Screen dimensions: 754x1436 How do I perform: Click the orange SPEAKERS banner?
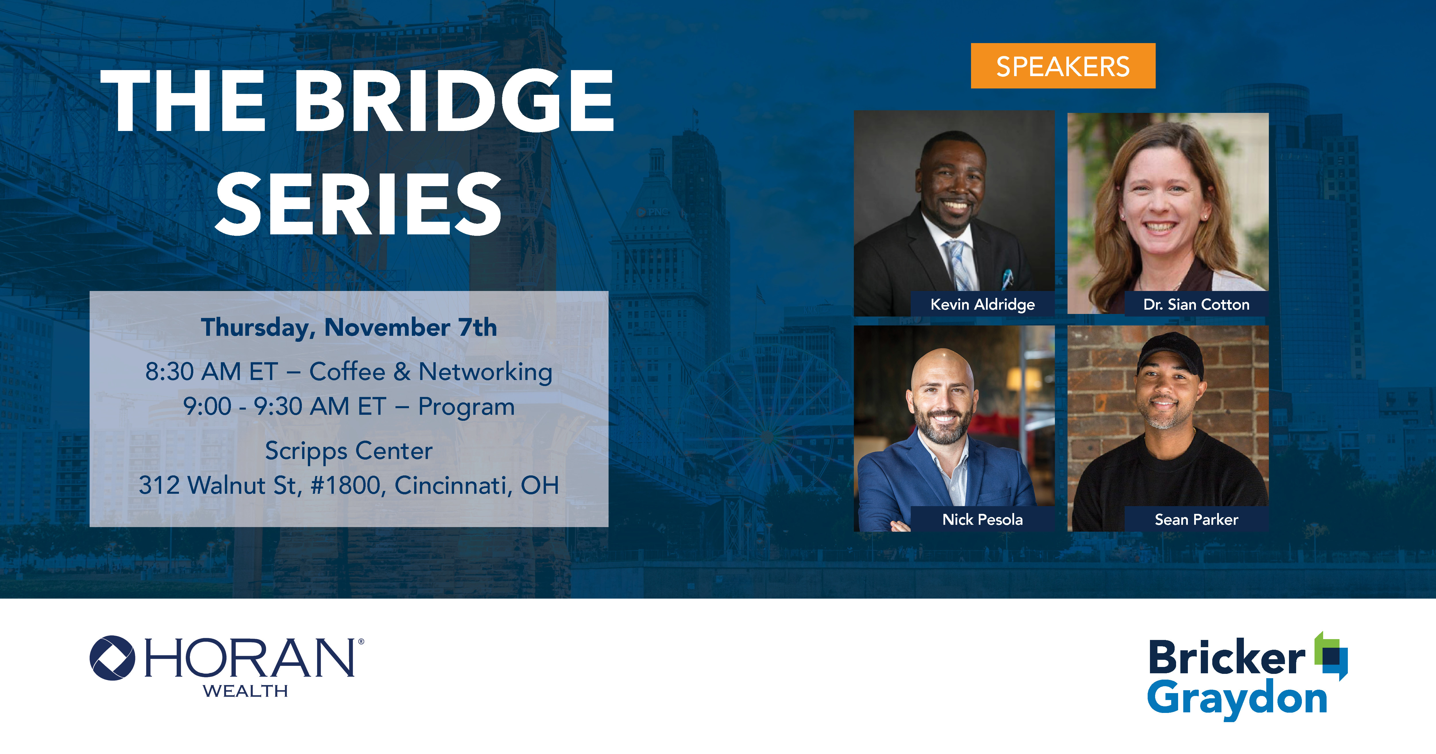(x=1063, y=66)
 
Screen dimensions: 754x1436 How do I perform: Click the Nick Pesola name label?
(x=982, y=519)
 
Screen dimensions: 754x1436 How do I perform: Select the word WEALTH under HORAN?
(x=245, y=691)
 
